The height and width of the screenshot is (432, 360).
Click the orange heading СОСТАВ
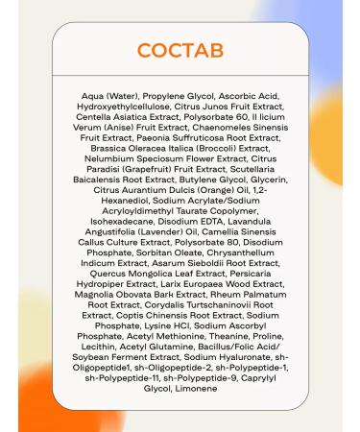180,50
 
